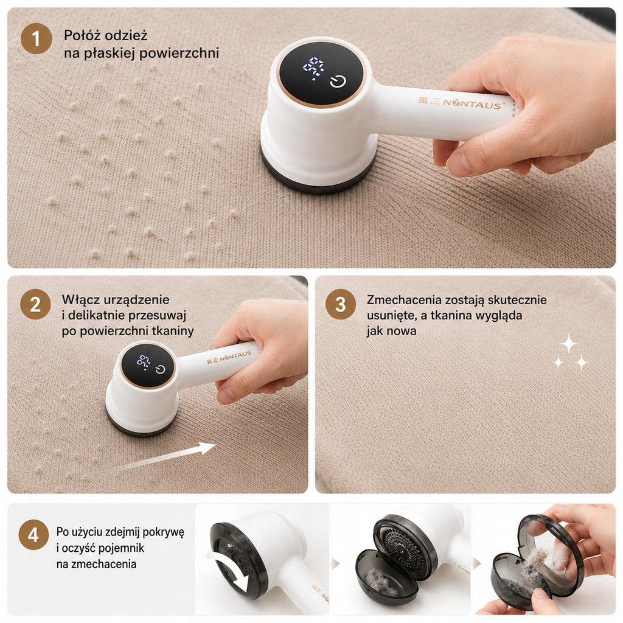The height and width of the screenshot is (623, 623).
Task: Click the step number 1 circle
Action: (36, 38)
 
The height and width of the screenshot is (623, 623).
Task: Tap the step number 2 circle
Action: (35, 304)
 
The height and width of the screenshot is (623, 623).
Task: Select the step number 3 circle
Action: (341, 304)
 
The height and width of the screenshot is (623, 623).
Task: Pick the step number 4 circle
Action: (34, 535)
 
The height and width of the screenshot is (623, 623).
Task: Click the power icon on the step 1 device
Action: (338, 82)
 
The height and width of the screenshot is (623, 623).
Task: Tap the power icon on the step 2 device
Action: (160, 369)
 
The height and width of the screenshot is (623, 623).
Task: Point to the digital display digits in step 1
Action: (313, 68)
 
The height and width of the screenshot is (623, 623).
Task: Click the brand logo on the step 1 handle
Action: (462, 102)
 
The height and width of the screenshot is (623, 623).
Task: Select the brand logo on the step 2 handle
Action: (229, 357)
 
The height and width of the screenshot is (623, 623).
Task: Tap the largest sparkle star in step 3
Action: (569, 344)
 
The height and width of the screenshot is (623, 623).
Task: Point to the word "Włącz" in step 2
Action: (80, 299)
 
